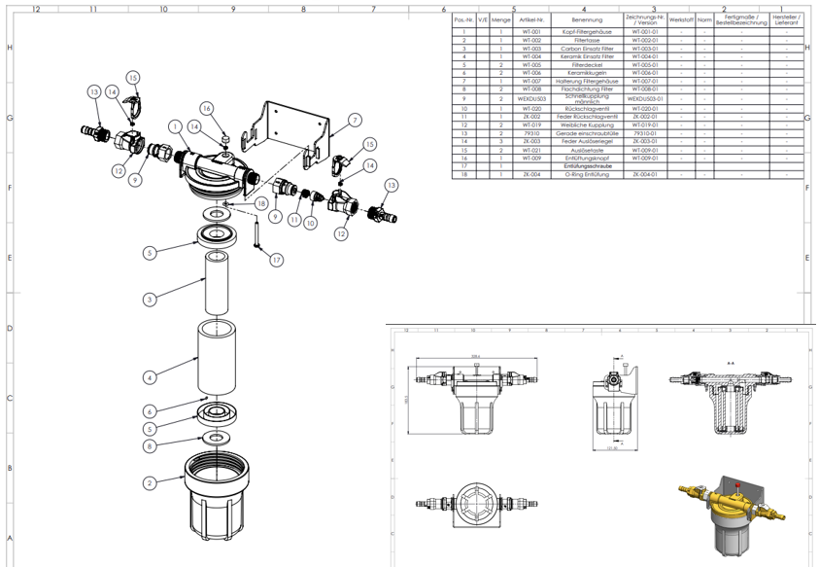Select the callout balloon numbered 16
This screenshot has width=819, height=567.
(206, 108)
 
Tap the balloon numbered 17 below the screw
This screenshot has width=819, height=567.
(276, 260)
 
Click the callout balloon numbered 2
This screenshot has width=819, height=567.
(150, 482)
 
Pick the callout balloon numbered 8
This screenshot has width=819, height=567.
(150, 445)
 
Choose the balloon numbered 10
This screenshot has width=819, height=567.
(310, 223)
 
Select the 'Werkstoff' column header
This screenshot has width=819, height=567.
(682, 19)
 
